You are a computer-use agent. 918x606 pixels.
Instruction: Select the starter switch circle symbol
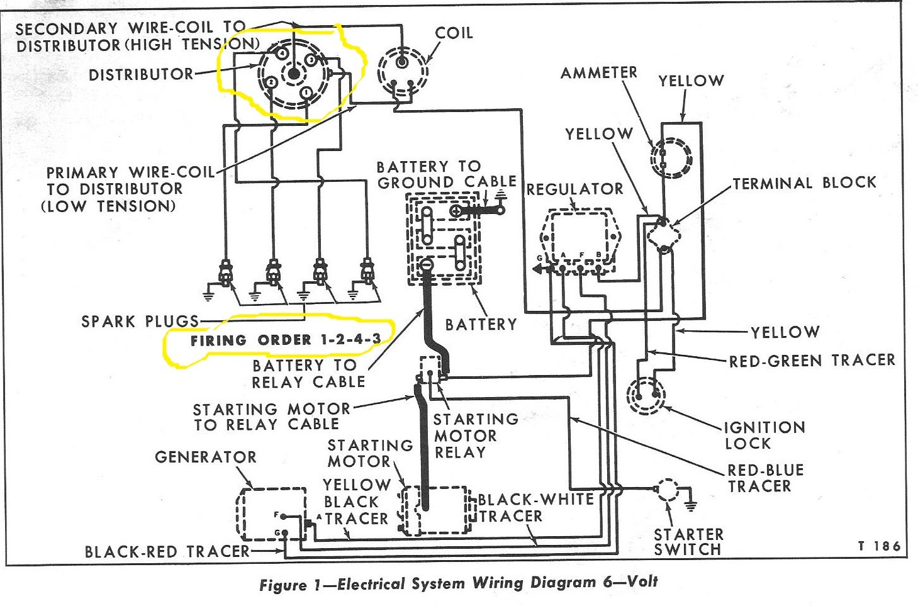(x=668, y=490)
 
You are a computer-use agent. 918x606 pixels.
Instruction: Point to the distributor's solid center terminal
(x=293, y=74)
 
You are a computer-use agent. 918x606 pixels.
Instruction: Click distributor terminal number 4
(x=281, y=53)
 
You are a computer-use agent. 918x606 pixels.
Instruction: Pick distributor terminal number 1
(x=306, y=93)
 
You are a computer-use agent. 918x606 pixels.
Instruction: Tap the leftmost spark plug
(x=225, y=272)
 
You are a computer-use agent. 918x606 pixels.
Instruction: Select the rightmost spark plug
(x=367, y=271)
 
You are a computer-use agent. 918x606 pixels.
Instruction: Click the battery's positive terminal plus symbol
(x=456, y=211)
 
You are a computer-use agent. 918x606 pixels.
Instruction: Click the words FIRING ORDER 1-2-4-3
(x=286, y=340)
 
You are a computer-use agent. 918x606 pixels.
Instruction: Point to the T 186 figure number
(x=879, y=546)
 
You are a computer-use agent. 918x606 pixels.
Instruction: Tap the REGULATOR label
(x=574, y=189)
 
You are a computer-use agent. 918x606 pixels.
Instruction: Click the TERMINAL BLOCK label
(x=805, y=183)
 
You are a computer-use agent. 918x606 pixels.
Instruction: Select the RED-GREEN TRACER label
(x=812, y=361)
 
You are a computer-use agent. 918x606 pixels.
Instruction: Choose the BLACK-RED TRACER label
(x=167, y=551)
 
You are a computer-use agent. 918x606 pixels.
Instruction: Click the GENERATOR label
(x=206, y=457)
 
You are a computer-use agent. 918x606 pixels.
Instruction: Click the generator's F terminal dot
(x=284, y=516)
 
